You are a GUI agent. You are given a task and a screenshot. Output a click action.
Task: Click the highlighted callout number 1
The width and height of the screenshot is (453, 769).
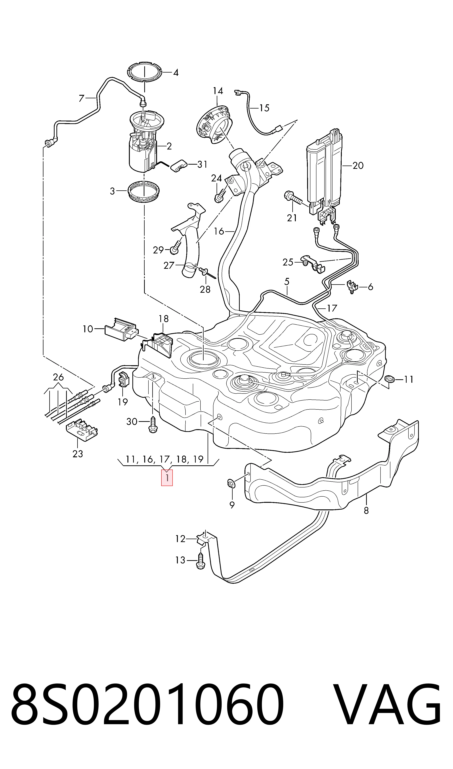coord(167,478)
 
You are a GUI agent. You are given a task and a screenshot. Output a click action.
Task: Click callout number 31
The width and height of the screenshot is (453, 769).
coord(202,165)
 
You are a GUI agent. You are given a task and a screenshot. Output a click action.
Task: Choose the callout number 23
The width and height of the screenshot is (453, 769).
coord(78,454)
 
